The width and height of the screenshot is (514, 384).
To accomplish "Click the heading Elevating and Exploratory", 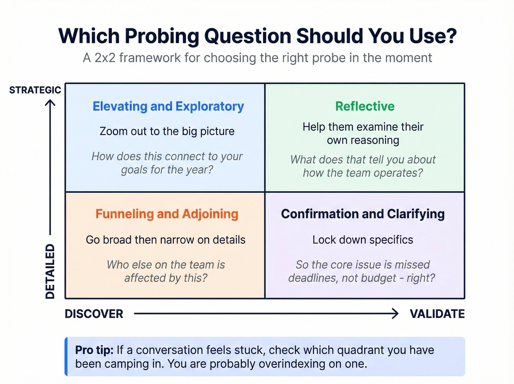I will [168, 106].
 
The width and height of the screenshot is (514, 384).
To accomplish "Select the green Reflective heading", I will [365, 106].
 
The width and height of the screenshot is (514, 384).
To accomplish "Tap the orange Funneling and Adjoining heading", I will [167, 214].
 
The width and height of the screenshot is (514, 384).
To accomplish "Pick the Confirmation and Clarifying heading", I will [363, 214].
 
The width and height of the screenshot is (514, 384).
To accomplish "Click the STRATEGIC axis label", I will [35, 90].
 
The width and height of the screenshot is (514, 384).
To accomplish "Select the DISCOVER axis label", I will [94, 314].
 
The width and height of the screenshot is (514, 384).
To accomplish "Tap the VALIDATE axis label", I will [437, 314].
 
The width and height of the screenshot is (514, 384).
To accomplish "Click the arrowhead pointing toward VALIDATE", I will [395, 313].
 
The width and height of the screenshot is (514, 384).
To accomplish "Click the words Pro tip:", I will [94, 350].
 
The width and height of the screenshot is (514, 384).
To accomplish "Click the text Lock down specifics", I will [363, 240].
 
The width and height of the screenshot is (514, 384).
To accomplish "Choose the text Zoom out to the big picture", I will [167, 131].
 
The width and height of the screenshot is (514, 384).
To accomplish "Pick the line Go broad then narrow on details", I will [166, 240].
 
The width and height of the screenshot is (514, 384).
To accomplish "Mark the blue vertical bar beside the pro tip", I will [66, 356].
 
